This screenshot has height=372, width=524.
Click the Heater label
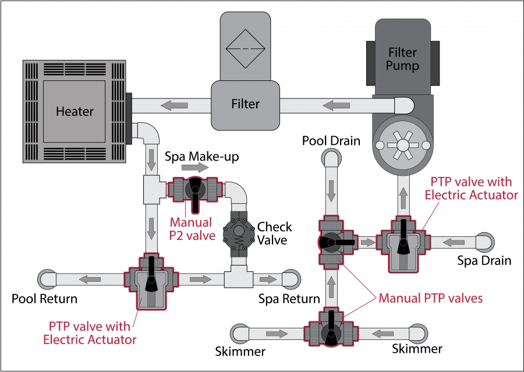click(75, 111)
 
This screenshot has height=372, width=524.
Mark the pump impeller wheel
click(402, 143)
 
